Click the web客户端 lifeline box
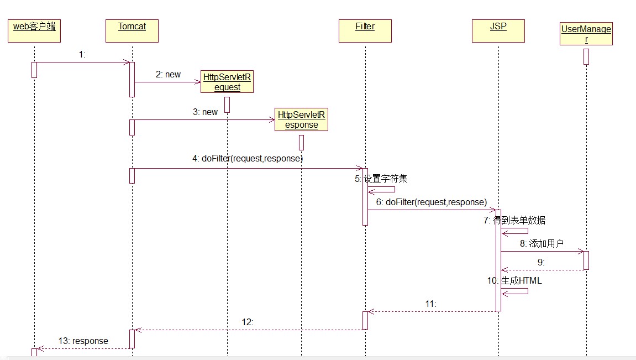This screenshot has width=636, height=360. pyautogui.click(x=34, y=31)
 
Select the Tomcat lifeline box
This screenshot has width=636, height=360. pyautogui.click(x=132, y=31)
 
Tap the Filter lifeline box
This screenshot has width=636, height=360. pyautogui.click(x=365, y=31)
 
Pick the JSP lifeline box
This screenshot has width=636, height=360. pyautogui.click(x=498, y=31)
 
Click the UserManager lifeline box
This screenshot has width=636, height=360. pyautogui.click(x=586, y=34)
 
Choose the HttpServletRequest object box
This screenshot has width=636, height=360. pyautogui.click(x=227, y=82)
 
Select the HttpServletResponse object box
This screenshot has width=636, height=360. pyautogui.click(x=301, y=119)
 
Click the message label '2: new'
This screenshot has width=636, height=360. pyautogui.click(x=168, y=74)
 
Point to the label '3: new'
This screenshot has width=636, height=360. pyautogui.click(x=205, y=112)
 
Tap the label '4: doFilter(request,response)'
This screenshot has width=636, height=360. pyautogui.click(x=248, y=158)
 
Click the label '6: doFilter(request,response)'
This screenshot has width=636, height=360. pyautogui.click(x=431, y=202)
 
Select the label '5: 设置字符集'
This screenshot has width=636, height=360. pyautogui.click(x=381, y=179)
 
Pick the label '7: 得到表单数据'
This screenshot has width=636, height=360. pyautogui.click(x=514, y=221)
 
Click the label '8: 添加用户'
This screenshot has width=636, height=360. pyautogui.click(x=542, y=243)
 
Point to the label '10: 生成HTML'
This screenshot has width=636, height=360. pyautogui.click(x=514, y=280)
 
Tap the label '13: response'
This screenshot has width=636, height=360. pyautogui.click(x=83, y=341)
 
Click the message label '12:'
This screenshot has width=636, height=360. pyautogui.click(x=248, y=322)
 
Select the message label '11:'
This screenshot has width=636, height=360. pyautogui.click(x=431, y=304)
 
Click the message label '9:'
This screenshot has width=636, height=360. pyautogui.click(x=541, y=262)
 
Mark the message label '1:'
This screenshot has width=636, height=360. pyautogui.click(x=82, y=54)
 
